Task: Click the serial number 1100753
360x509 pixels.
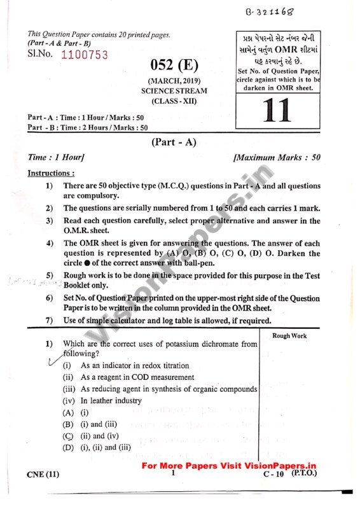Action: click(x=86, y=55)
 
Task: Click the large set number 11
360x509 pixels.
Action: click(x=275, y=109)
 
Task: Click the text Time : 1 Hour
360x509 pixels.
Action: click(x=57, y=157)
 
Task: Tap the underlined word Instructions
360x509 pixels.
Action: click(x=51, y=173)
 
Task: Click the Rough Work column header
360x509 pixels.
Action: click(x=289, y=335)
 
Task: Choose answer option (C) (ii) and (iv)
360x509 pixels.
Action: click(x=92, y=436)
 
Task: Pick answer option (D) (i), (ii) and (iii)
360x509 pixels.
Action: click(x=97, y=447)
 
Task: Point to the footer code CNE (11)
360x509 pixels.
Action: click(x=44, y=475)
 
